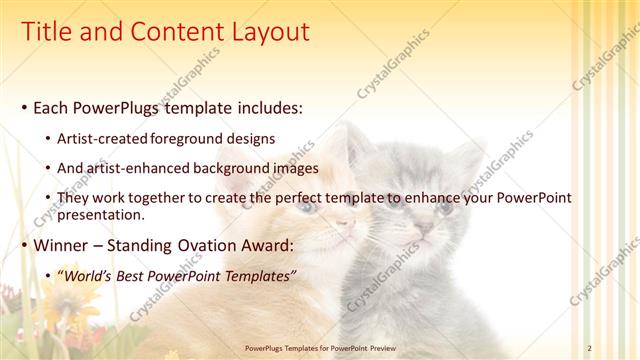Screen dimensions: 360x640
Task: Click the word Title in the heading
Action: tap(47, 32)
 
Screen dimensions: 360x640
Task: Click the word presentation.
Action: tap(104, 214)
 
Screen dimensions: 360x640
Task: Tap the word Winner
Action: tap(62, 245)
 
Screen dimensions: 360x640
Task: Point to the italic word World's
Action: tap(96, 275)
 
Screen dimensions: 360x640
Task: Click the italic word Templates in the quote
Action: tap(259, 275)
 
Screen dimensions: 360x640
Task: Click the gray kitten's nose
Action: tap(424, 229)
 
